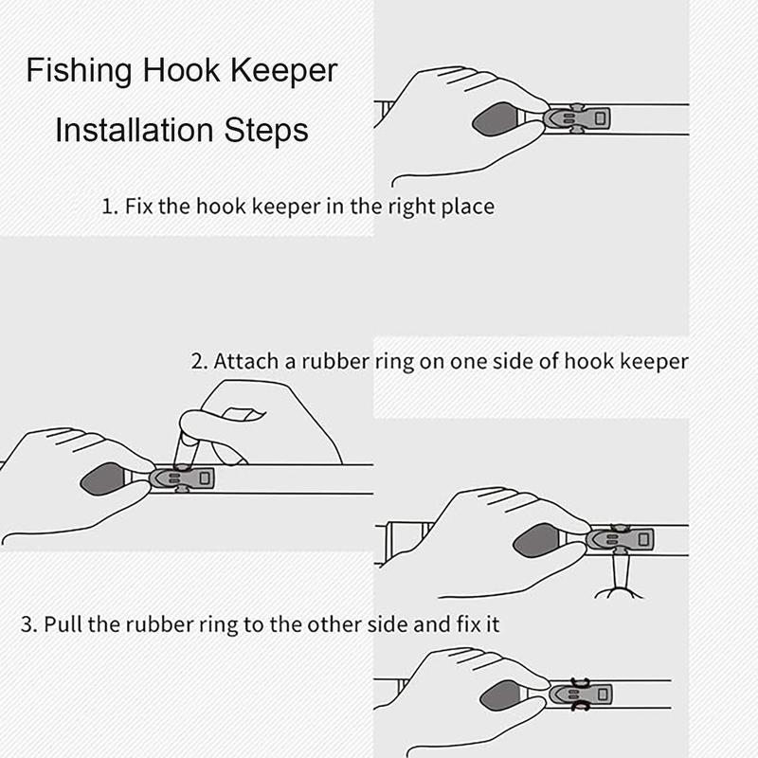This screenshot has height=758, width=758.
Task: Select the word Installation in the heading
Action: click(x=134, y=130)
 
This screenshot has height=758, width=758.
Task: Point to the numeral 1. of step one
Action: click(x=110, y=207)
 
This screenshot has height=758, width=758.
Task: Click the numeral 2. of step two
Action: click(x=199, y=361)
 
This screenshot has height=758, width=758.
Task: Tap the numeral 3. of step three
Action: click(x=29, y=624)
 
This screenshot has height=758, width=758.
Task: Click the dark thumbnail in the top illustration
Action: click(x=495, y=118)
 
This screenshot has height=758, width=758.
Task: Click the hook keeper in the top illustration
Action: click(x=577, y=117)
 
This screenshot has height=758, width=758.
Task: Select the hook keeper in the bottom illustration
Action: click(x=581, y=695)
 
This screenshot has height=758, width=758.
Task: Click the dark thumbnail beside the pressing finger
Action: click(x=103, y=479)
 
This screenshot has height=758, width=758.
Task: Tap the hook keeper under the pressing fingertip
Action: click(x=182, y=478)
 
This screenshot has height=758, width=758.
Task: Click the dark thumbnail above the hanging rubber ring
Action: click(x=536, y=540)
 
